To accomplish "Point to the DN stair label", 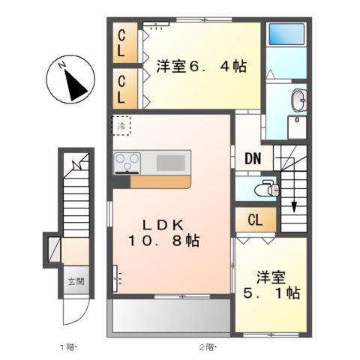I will point(252,158).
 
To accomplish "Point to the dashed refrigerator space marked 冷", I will point(121,126).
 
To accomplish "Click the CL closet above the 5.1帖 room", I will point(254,220).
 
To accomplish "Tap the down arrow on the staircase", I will point(294,204).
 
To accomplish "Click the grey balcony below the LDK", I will point(171,316).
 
